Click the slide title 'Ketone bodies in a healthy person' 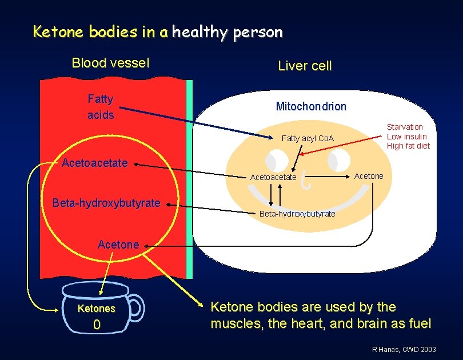157,32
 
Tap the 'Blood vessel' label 110,63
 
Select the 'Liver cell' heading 304,66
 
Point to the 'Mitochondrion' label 311,106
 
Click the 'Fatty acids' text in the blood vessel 101,107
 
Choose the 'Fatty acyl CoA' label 308,138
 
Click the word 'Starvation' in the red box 405,127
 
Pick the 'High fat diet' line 408,146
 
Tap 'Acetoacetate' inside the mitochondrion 273,177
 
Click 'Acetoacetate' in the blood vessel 94,163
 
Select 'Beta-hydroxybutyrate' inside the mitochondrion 297,214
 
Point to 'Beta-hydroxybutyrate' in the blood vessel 106,203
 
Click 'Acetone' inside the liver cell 369,176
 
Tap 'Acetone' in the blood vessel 118,245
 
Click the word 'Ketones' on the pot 96,309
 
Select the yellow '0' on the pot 97,325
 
